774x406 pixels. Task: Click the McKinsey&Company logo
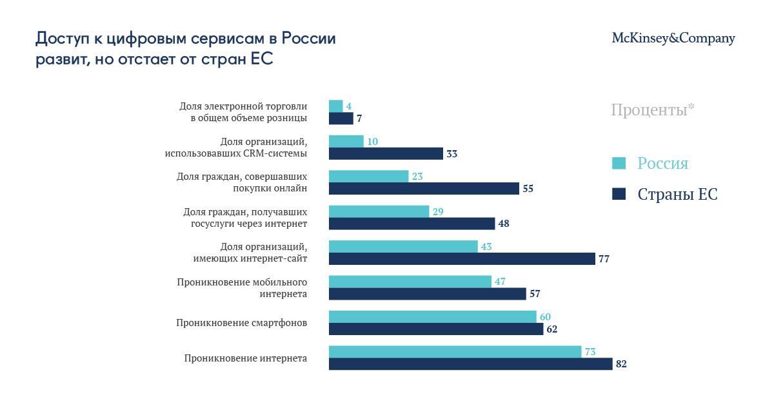pyautogui.click(x=673, y=39)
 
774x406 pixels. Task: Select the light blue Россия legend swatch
pyautogui.click(x=619, y=164)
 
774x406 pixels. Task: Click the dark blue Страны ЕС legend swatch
pyautogui.click(x=619, y=194)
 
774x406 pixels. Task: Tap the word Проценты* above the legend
pyautogui.click(x=653, y=110)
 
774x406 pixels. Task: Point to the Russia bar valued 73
pyautogui.click(x=455, y=352)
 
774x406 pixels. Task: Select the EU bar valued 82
pyautogui.click(x=470, y=364)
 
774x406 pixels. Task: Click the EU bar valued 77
pyautogui.click(x=462, y=259)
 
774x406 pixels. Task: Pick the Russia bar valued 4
pyautogui.click(x=335, y=106)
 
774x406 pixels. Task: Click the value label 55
pyautogui.click(x=528, y=189)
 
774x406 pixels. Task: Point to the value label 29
pyautogui.click(x=438, y=211)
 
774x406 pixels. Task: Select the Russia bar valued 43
pyautogui.click(x=403, y=247)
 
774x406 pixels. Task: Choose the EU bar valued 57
pyautogui.click(x=427, y=294)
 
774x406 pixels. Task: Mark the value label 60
pyautogui.click(x=545, y=316)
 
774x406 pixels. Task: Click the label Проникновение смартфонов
pyautogui.click(x=241, y=323)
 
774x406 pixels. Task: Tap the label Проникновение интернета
pyautogui.click(x=245, y=358)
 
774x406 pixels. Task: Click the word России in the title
pyautogui.click(x=309, y=39)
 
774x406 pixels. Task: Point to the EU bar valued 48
pyautogui.click(x=412, y=224)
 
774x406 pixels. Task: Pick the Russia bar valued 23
pyautogui.click(x=368, y=177)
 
